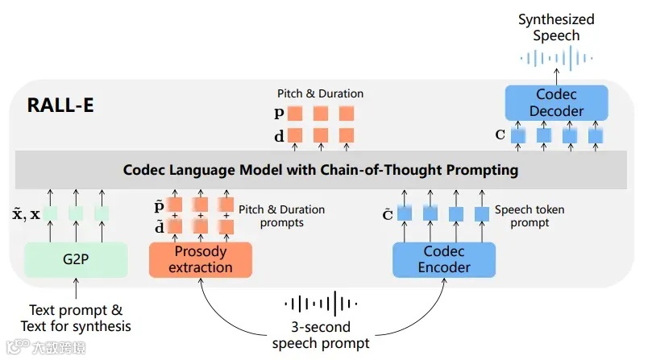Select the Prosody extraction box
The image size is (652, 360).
click(x=201, y=259)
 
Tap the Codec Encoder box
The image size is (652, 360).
click(x=443, y=259)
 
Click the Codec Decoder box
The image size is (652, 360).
click(x=555, y=102)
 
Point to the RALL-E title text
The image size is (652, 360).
click(x=60, y=106)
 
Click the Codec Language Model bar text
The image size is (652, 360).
click(x=320, y=170)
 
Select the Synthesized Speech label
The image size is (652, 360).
click(x=555, y=27)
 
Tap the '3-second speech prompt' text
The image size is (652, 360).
click(x=320, y=335)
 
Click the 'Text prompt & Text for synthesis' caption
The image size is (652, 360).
click(x=76, y=318)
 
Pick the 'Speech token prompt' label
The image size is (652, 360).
click(x=529, y=216)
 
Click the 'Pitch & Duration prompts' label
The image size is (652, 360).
click(x=281, y=216)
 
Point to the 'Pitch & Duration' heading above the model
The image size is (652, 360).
click(x=320, y=93)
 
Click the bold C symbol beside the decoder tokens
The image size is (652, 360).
click(x=500, y=134)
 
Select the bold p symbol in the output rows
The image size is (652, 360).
click(x=279, y=114)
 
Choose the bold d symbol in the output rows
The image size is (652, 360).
click(x=279, y=136)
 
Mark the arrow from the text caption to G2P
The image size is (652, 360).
click(x=76, y=290)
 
